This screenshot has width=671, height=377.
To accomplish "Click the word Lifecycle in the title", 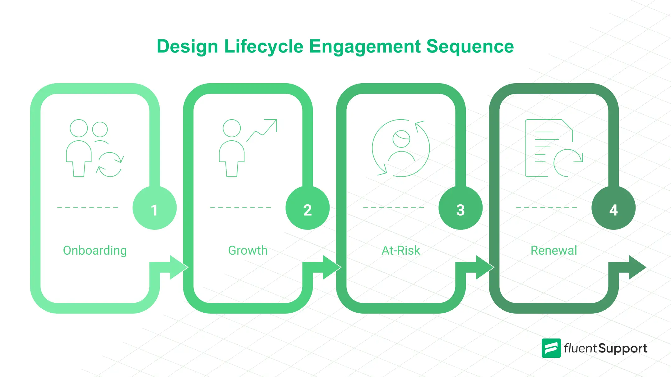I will [x=263, y=47].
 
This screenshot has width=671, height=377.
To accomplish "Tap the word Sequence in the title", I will [x=470, y=47].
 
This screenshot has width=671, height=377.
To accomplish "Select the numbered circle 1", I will [x=154, y=208].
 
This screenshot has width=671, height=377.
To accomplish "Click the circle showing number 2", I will [x=307, y=208].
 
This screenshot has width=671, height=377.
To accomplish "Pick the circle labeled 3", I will [x=460, y=208].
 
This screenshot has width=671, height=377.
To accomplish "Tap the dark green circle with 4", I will [x=613, y=208].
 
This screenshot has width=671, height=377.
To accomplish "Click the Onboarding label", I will [x=95, y=250].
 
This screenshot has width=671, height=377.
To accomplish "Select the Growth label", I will [x=248, y=250].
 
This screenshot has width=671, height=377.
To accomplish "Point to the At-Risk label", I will [x=401, y=250].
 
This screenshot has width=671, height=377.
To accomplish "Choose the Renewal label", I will [x=554, y=250].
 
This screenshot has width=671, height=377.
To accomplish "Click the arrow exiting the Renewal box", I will [x=635, y=267].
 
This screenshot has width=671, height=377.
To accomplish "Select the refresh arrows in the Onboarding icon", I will [x=110, y=164].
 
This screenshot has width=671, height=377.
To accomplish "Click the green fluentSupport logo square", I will [x=551, y=348].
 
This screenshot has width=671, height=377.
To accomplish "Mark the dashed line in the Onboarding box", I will [x=88, y=207].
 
